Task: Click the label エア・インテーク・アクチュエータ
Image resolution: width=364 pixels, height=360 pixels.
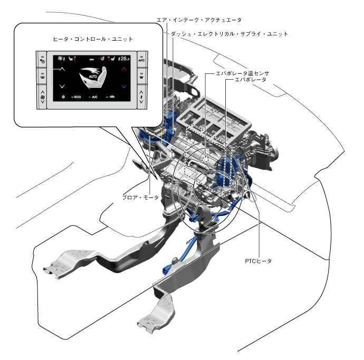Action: click(x=199, y=20)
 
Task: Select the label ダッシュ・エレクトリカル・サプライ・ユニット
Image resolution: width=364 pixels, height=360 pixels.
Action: click(x=229, y=34)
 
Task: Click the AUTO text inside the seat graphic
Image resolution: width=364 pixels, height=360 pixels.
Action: click(x=93, y=77)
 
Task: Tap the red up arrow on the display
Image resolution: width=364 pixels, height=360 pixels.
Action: click(x=123, y=69)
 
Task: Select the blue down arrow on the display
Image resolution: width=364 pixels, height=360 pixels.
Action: click(x=123, y=86)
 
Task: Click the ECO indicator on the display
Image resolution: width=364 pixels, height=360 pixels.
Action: click(x=76, y=97)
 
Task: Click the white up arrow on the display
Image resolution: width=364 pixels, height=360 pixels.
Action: click(x=62, y=69)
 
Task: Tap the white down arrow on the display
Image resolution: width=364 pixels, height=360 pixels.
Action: click(x=62, y=86)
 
